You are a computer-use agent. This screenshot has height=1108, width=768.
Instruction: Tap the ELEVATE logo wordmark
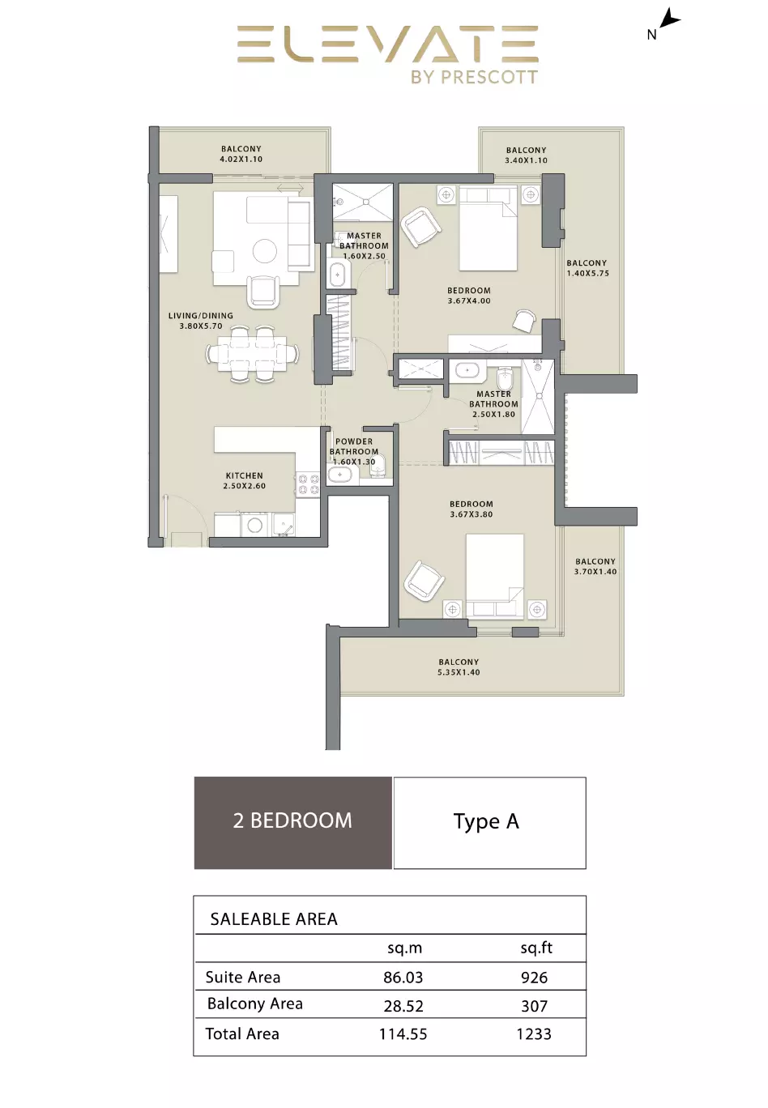pyautogui.click(x=387, y=45)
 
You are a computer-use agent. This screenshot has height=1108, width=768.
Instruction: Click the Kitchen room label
pyautogui.click(x=245, y=475)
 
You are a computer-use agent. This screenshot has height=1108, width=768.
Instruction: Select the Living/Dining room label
pyautogui.click(x=200, y=316)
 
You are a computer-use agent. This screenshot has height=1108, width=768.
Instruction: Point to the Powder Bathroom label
pyautogui.click(x=354, y=446)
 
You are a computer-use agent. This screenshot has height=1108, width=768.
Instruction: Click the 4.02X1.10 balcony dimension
pyautogui.click(x=241, y=160)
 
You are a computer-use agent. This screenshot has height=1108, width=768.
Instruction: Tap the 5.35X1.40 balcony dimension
pyautogui.click(x=459, y=672)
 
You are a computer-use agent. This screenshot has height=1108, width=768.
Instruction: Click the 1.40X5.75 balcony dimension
pyautogui.click(x=588, y=273)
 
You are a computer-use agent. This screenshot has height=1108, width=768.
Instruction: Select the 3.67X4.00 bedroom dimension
pyautogui.click(x=469, y=300)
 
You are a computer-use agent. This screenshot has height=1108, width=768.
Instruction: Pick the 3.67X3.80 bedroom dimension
pyautogui.click(x=471, y=514)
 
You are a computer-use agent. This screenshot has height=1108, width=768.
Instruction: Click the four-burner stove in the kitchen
pyautogui.click(x=308, y=484)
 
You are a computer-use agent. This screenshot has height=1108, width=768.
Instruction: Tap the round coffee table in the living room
pyautogui.click(x=265, y=251)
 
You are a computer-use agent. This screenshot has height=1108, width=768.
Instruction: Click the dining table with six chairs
pyautogui.click(x=253, y=354)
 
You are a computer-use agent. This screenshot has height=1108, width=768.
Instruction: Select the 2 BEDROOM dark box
pyautogui.click(x=293, y=823)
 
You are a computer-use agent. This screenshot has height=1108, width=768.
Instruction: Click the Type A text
pyautogui.click(x=486, y=822)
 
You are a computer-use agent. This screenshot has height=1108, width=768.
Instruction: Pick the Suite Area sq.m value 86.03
pyautogui.click(x=403, y=978)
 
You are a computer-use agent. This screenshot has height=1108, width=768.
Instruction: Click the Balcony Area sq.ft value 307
pyautogui.click(x=535, y=1006)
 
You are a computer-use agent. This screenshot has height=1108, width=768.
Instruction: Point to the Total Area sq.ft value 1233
pyautogui.click(x=534, y=1034)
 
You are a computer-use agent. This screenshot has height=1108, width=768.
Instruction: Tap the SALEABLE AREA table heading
pyautogui.click(x=274, y=919)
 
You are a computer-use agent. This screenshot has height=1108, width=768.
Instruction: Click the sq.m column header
pyautogui.click(x=405, y=948)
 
